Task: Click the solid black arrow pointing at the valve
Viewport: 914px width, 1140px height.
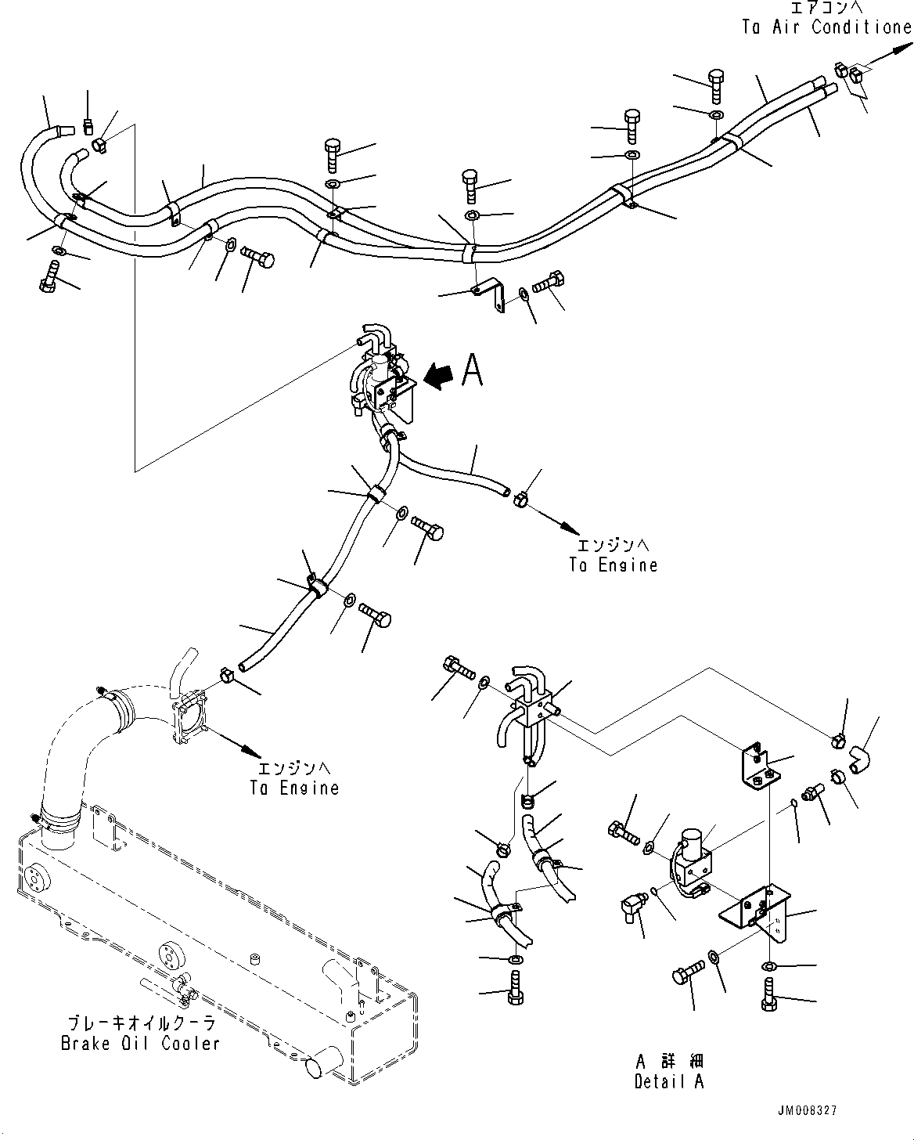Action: point(438,378)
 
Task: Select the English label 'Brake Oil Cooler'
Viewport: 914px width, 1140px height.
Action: point(140,1044)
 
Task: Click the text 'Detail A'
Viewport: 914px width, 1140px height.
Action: point(669,1081)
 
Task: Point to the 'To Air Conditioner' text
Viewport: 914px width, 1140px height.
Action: point(826,27)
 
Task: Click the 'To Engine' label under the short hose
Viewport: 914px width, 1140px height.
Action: point(614,565)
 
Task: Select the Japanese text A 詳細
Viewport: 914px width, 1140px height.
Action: point(670,1062)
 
